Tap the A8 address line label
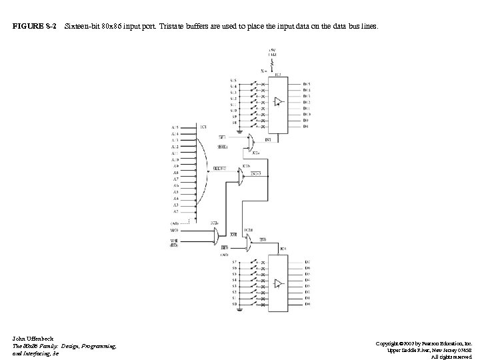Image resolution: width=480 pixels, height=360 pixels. pos(175,173)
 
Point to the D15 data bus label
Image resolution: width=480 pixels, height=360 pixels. pos(307,85)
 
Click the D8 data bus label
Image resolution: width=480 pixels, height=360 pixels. pos(307,127)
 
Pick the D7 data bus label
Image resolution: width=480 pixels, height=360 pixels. pos(307,262)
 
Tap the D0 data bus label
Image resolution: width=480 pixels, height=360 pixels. pos(307,304)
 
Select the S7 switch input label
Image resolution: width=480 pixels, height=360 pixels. pos(234,262)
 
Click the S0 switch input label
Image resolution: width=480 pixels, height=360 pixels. pos(234,304)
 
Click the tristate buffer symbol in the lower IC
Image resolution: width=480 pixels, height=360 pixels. pos(278,283)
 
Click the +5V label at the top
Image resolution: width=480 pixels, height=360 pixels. pos(272,49)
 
